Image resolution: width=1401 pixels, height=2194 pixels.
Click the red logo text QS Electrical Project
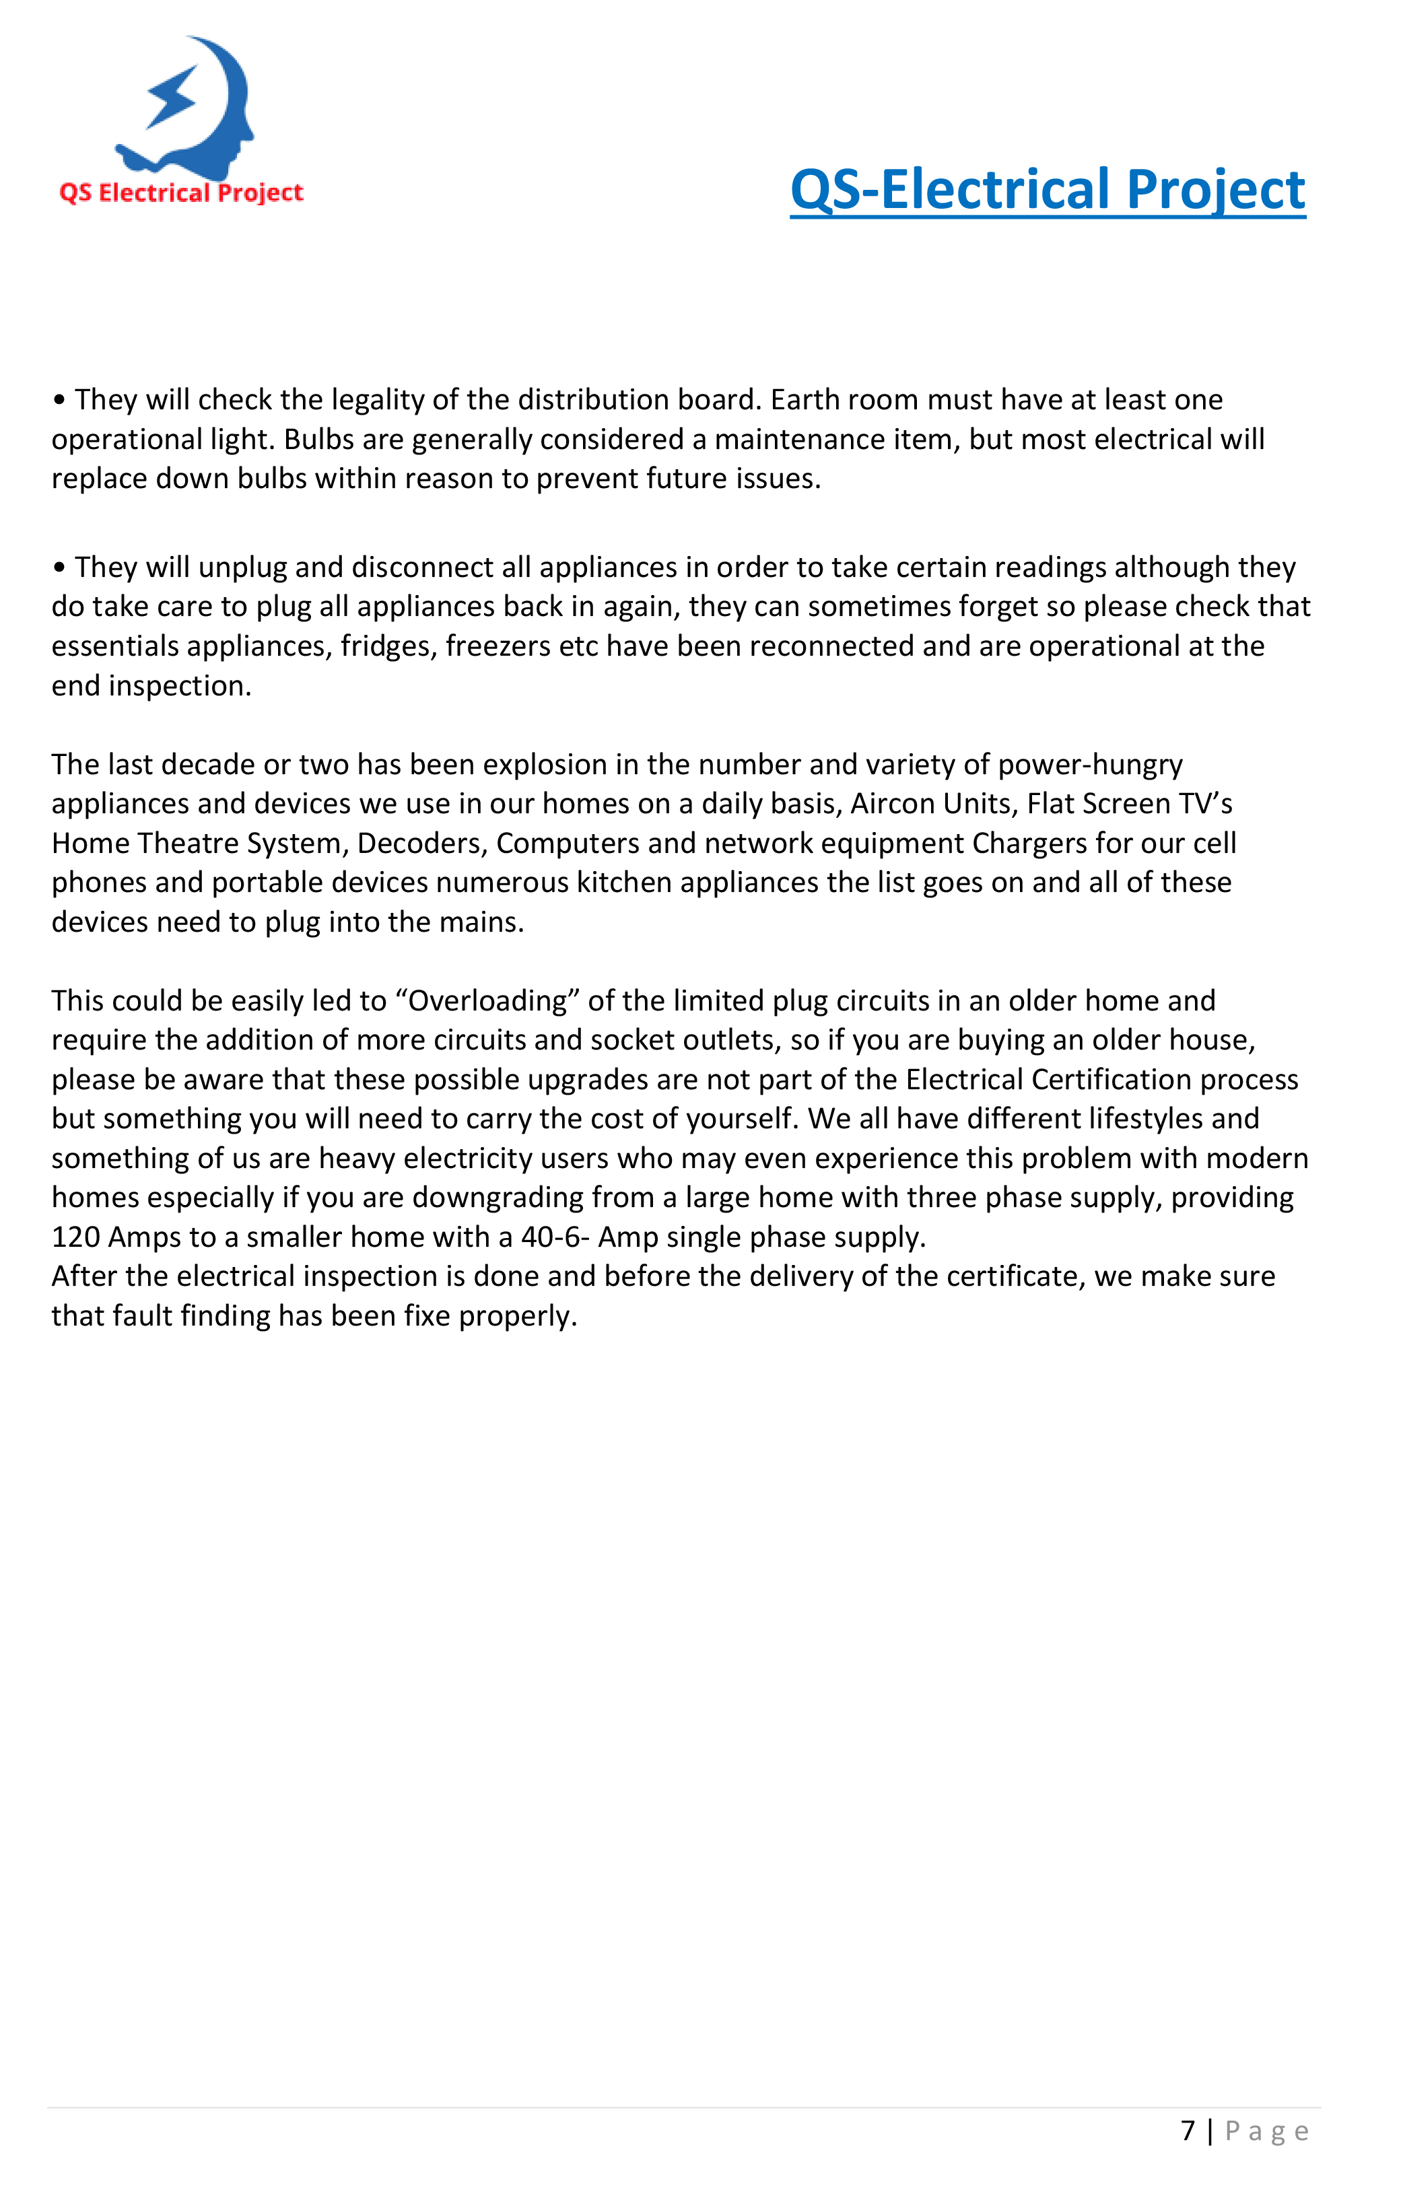[x=181, y=193]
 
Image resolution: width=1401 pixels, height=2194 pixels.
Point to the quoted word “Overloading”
[x=487, y=1000]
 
